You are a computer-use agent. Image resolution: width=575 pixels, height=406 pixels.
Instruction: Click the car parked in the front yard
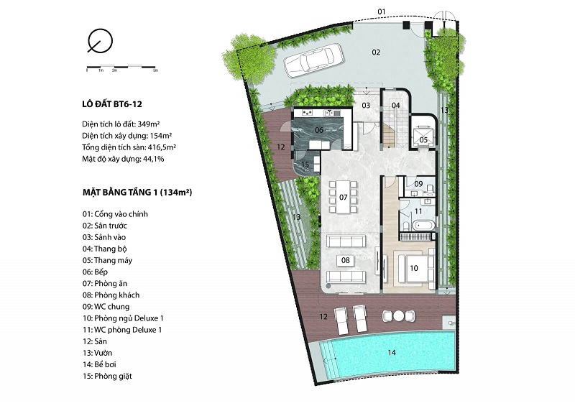point(313,60)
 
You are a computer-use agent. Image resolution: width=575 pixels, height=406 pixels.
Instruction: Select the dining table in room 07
point(343,197)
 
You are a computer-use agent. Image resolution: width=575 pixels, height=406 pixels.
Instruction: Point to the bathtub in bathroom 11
point(423,224)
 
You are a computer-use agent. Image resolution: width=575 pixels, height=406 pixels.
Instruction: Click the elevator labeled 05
point(423,137)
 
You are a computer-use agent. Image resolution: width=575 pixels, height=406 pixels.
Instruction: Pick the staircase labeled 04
point(396,120)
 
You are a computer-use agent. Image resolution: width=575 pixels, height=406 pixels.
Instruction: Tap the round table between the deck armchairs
point(399,315)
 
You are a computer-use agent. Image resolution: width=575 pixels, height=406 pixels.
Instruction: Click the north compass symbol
point(100,41)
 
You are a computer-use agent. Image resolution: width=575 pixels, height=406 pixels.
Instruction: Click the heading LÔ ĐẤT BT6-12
point(112,104)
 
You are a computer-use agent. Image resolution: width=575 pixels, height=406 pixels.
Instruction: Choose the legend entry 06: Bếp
point(95,272)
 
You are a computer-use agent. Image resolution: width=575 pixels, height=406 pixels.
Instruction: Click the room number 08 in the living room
point(346,260)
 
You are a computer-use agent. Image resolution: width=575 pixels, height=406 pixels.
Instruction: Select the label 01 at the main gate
point(382,11)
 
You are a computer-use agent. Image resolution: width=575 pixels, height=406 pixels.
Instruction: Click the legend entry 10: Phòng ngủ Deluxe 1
point(123,318)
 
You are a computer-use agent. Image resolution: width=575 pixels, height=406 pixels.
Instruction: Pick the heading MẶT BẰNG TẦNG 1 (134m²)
point(137,192)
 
